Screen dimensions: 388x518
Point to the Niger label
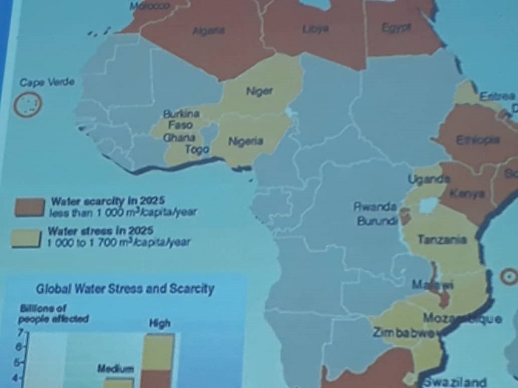tap(258, 91)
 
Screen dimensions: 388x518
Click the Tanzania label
tap(442, 239)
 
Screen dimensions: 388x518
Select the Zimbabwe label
tap(403, 333)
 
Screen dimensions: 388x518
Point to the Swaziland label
tap(454, 381)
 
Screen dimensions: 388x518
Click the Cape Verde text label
tap(47, 82)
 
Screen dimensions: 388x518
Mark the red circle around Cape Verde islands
tap(28, 105)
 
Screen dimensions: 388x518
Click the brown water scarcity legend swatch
tap(29, 206)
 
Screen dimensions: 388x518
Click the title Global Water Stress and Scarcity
tap(125, 288)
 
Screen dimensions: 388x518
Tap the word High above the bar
tap(159, 322)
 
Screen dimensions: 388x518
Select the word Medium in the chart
tap(115, 367)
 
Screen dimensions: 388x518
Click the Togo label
tap(196, 149)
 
